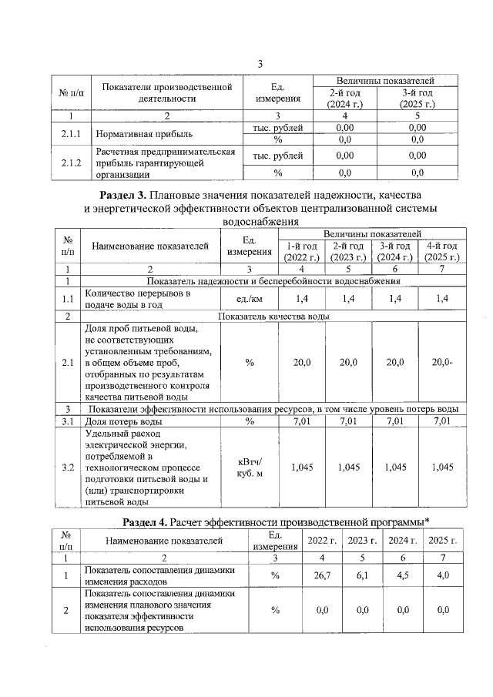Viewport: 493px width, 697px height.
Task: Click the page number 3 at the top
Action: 260,63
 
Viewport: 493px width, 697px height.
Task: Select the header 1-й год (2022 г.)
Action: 300,252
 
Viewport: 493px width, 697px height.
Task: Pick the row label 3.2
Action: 68,467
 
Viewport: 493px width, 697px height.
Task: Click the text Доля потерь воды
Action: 123,421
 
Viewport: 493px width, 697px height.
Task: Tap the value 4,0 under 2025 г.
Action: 442,575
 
